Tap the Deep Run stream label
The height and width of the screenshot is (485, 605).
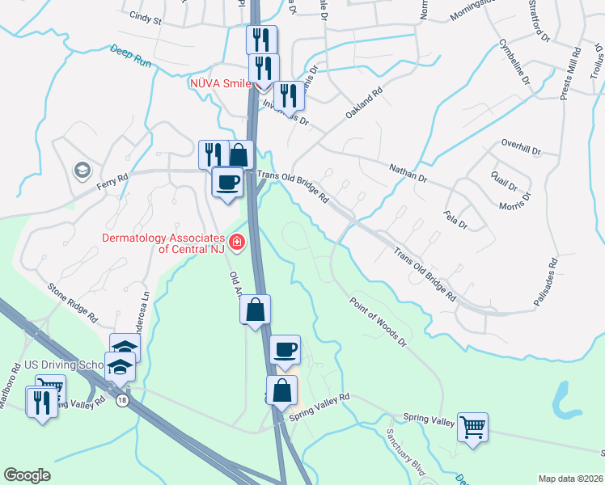(130, 55)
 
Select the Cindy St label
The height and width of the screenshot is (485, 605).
(146, 15)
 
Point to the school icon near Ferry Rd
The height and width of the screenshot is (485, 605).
(82, 170)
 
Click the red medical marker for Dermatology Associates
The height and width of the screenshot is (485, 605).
(237, 242)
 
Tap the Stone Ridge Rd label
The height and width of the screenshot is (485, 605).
(72, 299)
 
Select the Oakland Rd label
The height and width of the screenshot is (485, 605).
(363, 104)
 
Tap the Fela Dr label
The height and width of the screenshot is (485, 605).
(456, 219)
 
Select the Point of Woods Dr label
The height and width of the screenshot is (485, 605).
(377, 322)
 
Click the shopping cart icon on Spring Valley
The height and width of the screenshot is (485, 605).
(472, 426)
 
